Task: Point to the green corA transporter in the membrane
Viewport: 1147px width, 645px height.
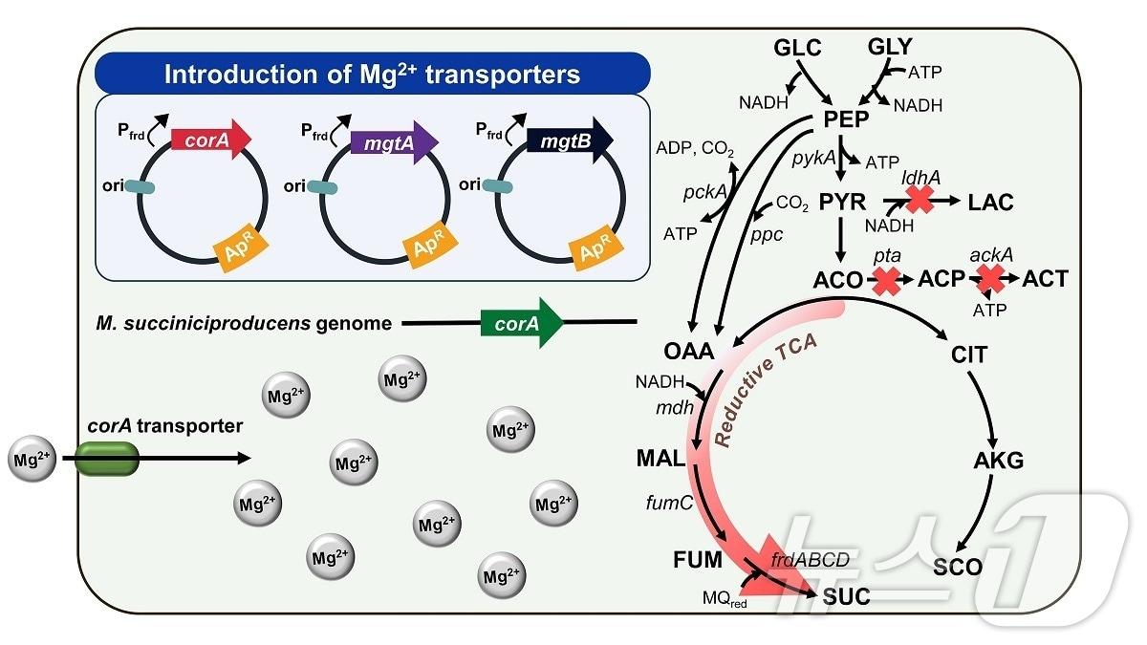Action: [x=108, y=460]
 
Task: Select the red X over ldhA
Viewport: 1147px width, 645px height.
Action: [x=920, y=200]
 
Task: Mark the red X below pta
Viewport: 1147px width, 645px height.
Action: [x=886, y=280]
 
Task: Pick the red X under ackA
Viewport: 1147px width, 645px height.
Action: [x=990, y=279]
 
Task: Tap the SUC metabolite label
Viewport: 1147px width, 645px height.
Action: [x=846, y=597]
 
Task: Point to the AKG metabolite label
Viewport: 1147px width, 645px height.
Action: [x=998, y=461]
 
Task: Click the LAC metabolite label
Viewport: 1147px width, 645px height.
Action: [x=990, y=203]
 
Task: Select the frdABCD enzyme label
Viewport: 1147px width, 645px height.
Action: [x=810, y=560]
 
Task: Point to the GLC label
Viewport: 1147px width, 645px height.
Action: [x=798, y=47]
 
